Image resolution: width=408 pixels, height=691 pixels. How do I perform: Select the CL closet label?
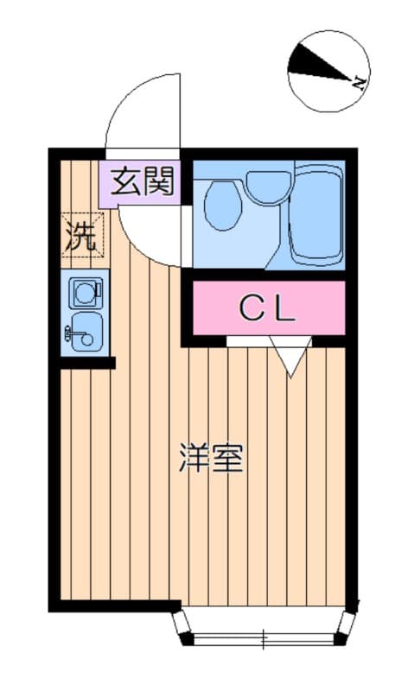coord(268,308)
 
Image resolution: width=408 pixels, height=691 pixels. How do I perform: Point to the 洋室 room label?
coord(212,459)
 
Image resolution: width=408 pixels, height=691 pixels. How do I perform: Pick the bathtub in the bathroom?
coord(316,216)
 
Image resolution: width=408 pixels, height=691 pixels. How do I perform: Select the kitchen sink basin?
coord(87,331)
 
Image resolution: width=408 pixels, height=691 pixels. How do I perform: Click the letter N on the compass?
coord(357,82)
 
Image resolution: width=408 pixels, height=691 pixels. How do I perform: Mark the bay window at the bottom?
coord(264,627)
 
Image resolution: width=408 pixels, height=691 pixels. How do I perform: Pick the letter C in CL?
coord(250,308)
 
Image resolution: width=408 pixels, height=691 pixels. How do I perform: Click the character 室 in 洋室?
coord(228,459)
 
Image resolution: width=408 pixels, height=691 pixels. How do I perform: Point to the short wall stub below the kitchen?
coord(86,363)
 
